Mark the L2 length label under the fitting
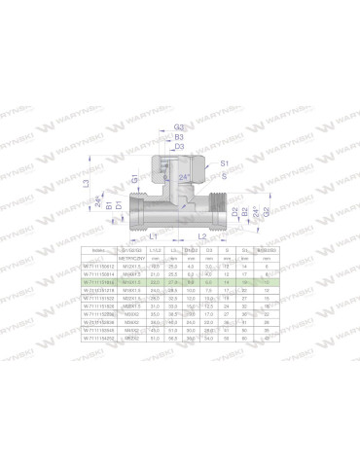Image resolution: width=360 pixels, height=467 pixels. (x=199, y=236)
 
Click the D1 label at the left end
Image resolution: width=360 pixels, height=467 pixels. (x=120, y=206)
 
